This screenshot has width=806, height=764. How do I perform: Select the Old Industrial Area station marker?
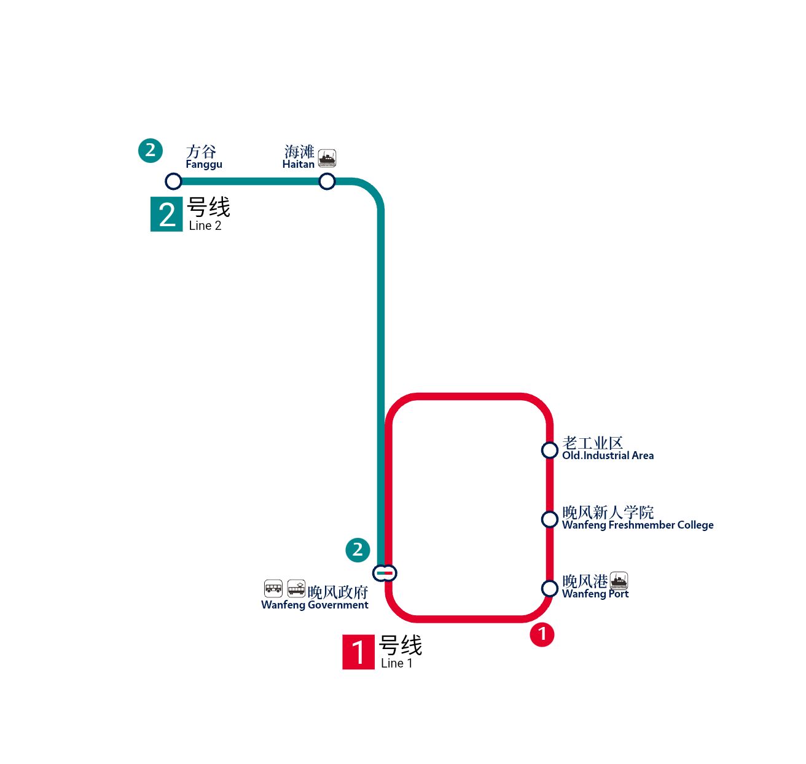pos(549,450)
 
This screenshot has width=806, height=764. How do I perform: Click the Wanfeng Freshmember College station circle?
pos(549,519)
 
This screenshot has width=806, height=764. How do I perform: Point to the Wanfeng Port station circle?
pos(549,588)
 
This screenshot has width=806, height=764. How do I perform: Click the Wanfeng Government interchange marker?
pos(385,573)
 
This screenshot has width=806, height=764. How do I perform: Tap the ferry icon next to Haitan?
pos(327,159)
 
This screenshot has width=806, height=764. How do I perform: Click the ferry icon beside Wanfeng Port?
pos(619,581)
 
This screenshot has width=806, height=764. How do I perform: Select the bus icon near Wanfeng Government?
pos(273,588)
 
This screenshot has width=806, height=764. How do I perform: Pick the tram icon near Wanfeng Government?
pos(296,588)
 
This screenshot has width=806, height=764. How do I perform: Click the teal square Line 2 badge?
pos(166,214)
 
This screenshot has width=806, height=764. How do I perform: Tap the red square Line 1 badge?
pos(358,652)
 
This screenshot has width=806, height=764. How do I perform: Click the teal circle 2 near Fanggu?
pos(151,151)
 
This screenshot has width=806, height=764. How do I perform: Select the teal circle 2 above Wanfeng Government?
pos(358,550)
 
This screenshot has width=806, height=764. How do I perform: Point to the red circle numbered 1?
pos(542,634)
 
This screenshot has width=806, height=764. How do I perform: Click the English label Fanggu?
pos(204,165)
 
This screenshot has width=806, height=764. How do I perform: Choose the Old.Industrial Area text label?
pos(608,455)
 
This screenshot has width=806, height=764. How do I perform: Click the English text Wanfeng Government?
pos(315,605)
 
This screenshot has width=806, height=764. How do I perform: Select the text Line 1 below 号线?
pos(396,663)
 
